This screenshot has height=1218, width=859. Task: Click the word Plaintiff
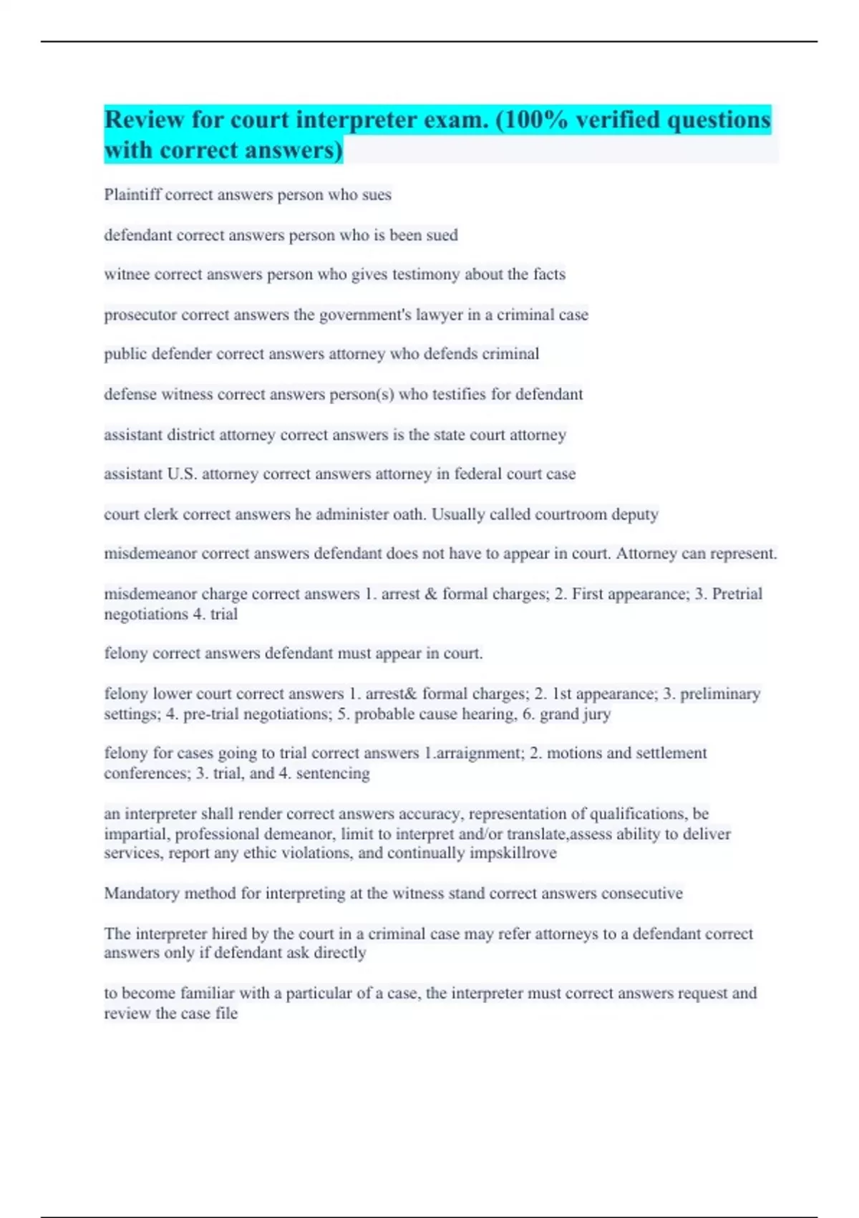(132, 195)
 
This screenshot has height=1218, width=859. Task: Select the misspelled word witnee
(127, 274)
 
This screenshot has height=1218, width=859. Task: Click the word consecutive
(641, 893)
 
